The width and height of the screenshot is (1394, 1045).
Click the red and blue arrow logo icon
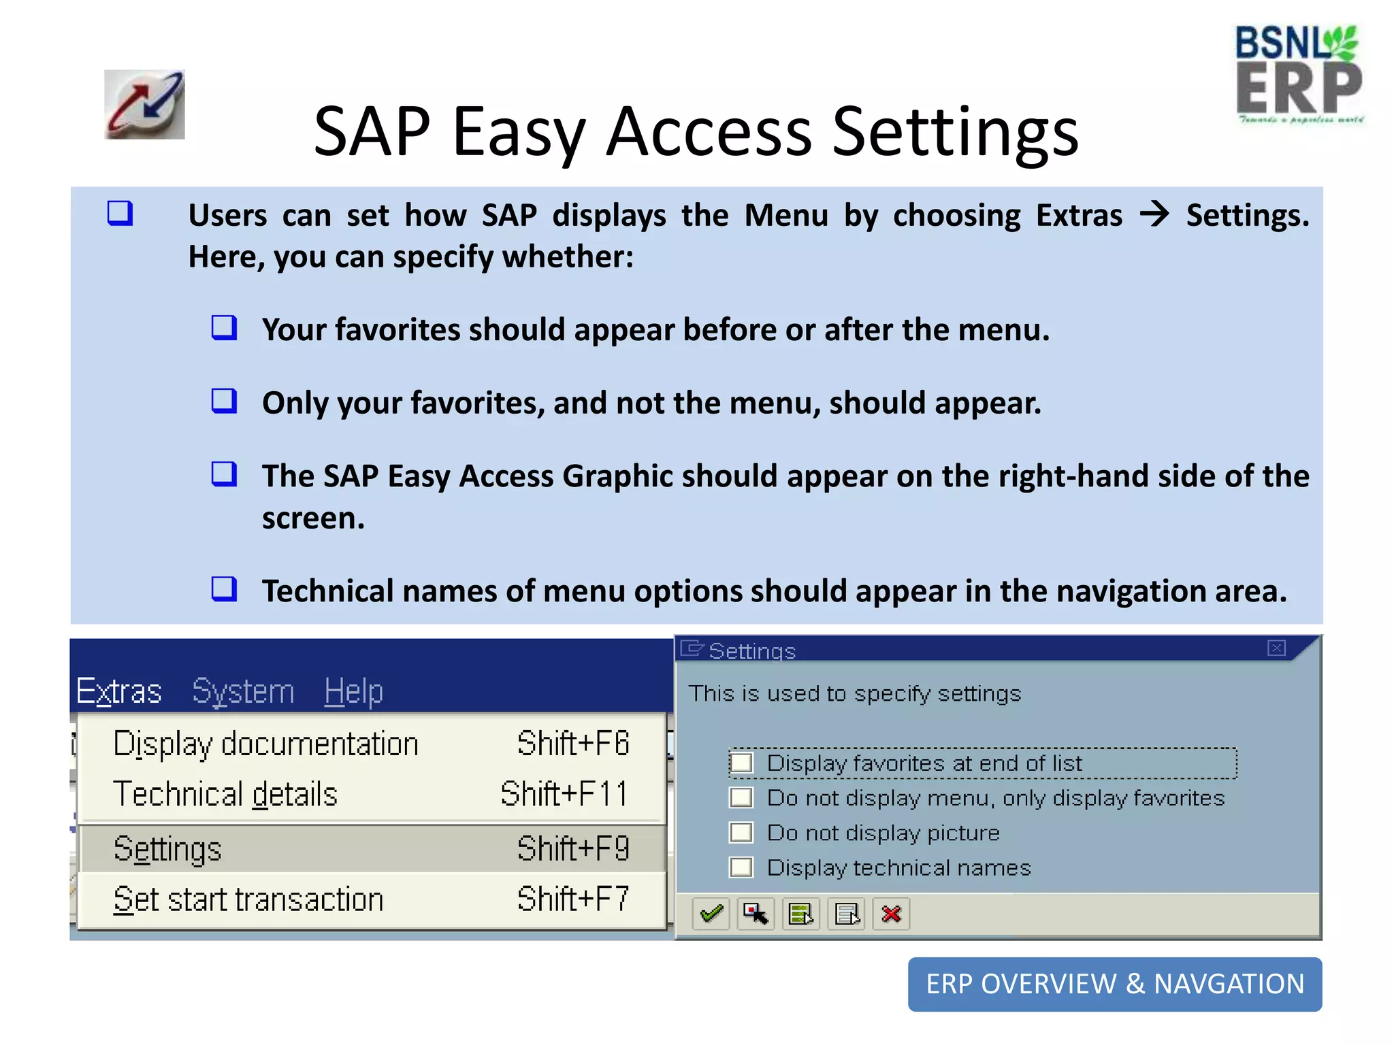[x=144, y=105]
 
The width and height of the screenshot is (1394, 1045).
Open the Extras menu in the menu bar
[x=119, y=691]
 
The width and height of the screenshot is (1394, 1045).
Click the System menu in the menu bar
[x=243, y=691]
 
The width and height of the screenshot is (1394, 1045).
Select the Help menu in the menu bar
[x=353, y=691]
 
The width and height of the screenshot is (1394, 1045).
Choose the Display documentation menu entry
[x=265, y=744]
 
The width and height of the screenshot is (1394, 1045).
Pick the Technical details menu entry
[x=225, y=794]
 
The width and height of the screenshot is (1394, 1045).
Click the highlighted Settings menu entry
[x=167, y=849]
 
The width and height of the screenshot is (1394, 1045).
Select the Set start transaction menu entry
[x=248, y=899]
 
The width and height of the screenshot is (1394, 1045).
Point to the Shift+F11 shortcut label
[x=564, y=794]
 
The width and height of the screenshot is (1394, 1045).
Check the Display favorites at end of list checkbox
[x=741, y=763]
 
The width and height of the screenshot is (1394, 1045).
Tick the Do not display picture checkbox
[x=741, y=833]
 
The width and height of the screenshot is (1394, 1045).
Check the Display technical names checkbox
[x=741, y=867]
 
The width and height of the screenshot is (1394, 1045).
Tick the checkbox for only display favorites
[x=741, y=798]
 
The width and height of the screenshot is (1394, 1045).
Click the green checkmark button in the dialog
[x=711, y=914]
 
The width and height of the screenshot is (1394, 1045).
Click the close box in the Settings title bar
[x=1276, y=648]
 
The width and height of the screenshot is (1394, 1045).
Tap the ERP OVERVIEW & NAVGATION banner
[x=1114, y=984]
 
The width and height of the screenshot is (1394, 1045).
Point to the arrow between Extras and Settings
[x=1154, y=215]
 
